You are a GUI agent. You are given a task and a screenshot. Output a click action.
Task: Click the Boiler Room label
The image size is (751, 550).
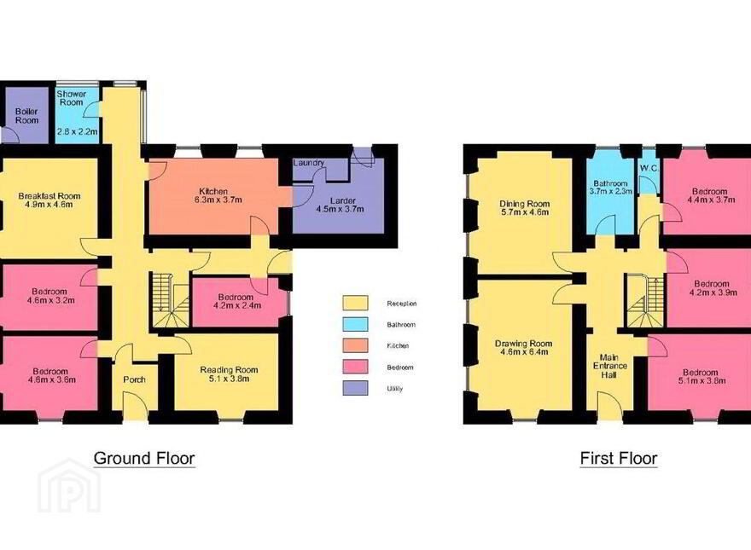(26, 116)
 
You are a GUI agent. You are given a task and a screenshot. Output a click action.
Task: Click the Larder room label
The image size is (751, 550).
(343, 200)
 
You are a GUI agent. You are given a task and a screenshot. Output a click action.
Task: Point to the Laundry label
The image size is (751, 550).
(309, 163)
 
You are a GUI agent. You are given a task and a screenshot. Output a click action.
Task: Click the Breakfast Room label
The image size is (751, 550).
(49, 196)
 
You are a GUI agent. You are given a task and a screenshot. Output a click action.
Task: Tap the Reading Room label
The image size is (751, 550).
(229, 370)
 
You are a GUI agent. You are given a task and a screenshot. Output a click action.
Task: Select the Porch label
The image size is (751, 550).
(135, 379)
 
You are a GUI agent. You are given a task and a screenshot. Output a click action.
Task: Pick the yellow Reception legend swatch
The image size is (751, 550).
(355, 303)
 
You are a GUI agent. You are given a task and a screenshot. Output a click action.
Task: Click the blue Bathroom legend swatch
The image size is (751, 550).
(355, 324)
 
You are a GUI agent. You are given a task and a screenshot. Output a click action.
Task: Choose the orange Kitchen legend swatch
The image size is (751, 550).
(355, 345)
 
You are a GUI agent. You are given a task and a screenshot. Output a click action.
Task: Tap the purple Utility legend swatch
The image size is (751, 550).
(355, 388)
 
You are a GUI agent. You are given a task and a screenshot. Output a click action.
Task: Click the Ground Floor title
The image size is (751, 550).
(144, 458)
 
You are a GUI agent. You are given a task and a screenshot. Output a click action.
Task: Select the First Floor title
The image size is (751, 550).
(619, 458)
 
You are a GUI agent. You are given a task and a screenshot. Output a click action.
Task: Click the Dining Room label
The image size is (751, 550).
(525, 204)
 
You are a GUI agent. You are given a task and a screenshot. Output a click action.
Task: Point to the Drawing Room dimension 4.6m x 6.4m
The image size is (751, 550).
(522, 352)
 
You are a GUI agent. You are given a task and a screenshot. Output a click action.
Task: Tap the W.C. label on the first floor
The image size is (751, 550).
(649, 169)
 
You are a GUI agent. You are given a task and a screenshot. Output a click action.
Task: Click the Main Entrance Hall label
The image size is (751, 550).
(609, 366)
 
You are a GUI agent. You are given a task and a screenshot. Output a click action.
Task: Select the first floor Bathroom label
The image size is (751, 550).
(611, 183)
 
